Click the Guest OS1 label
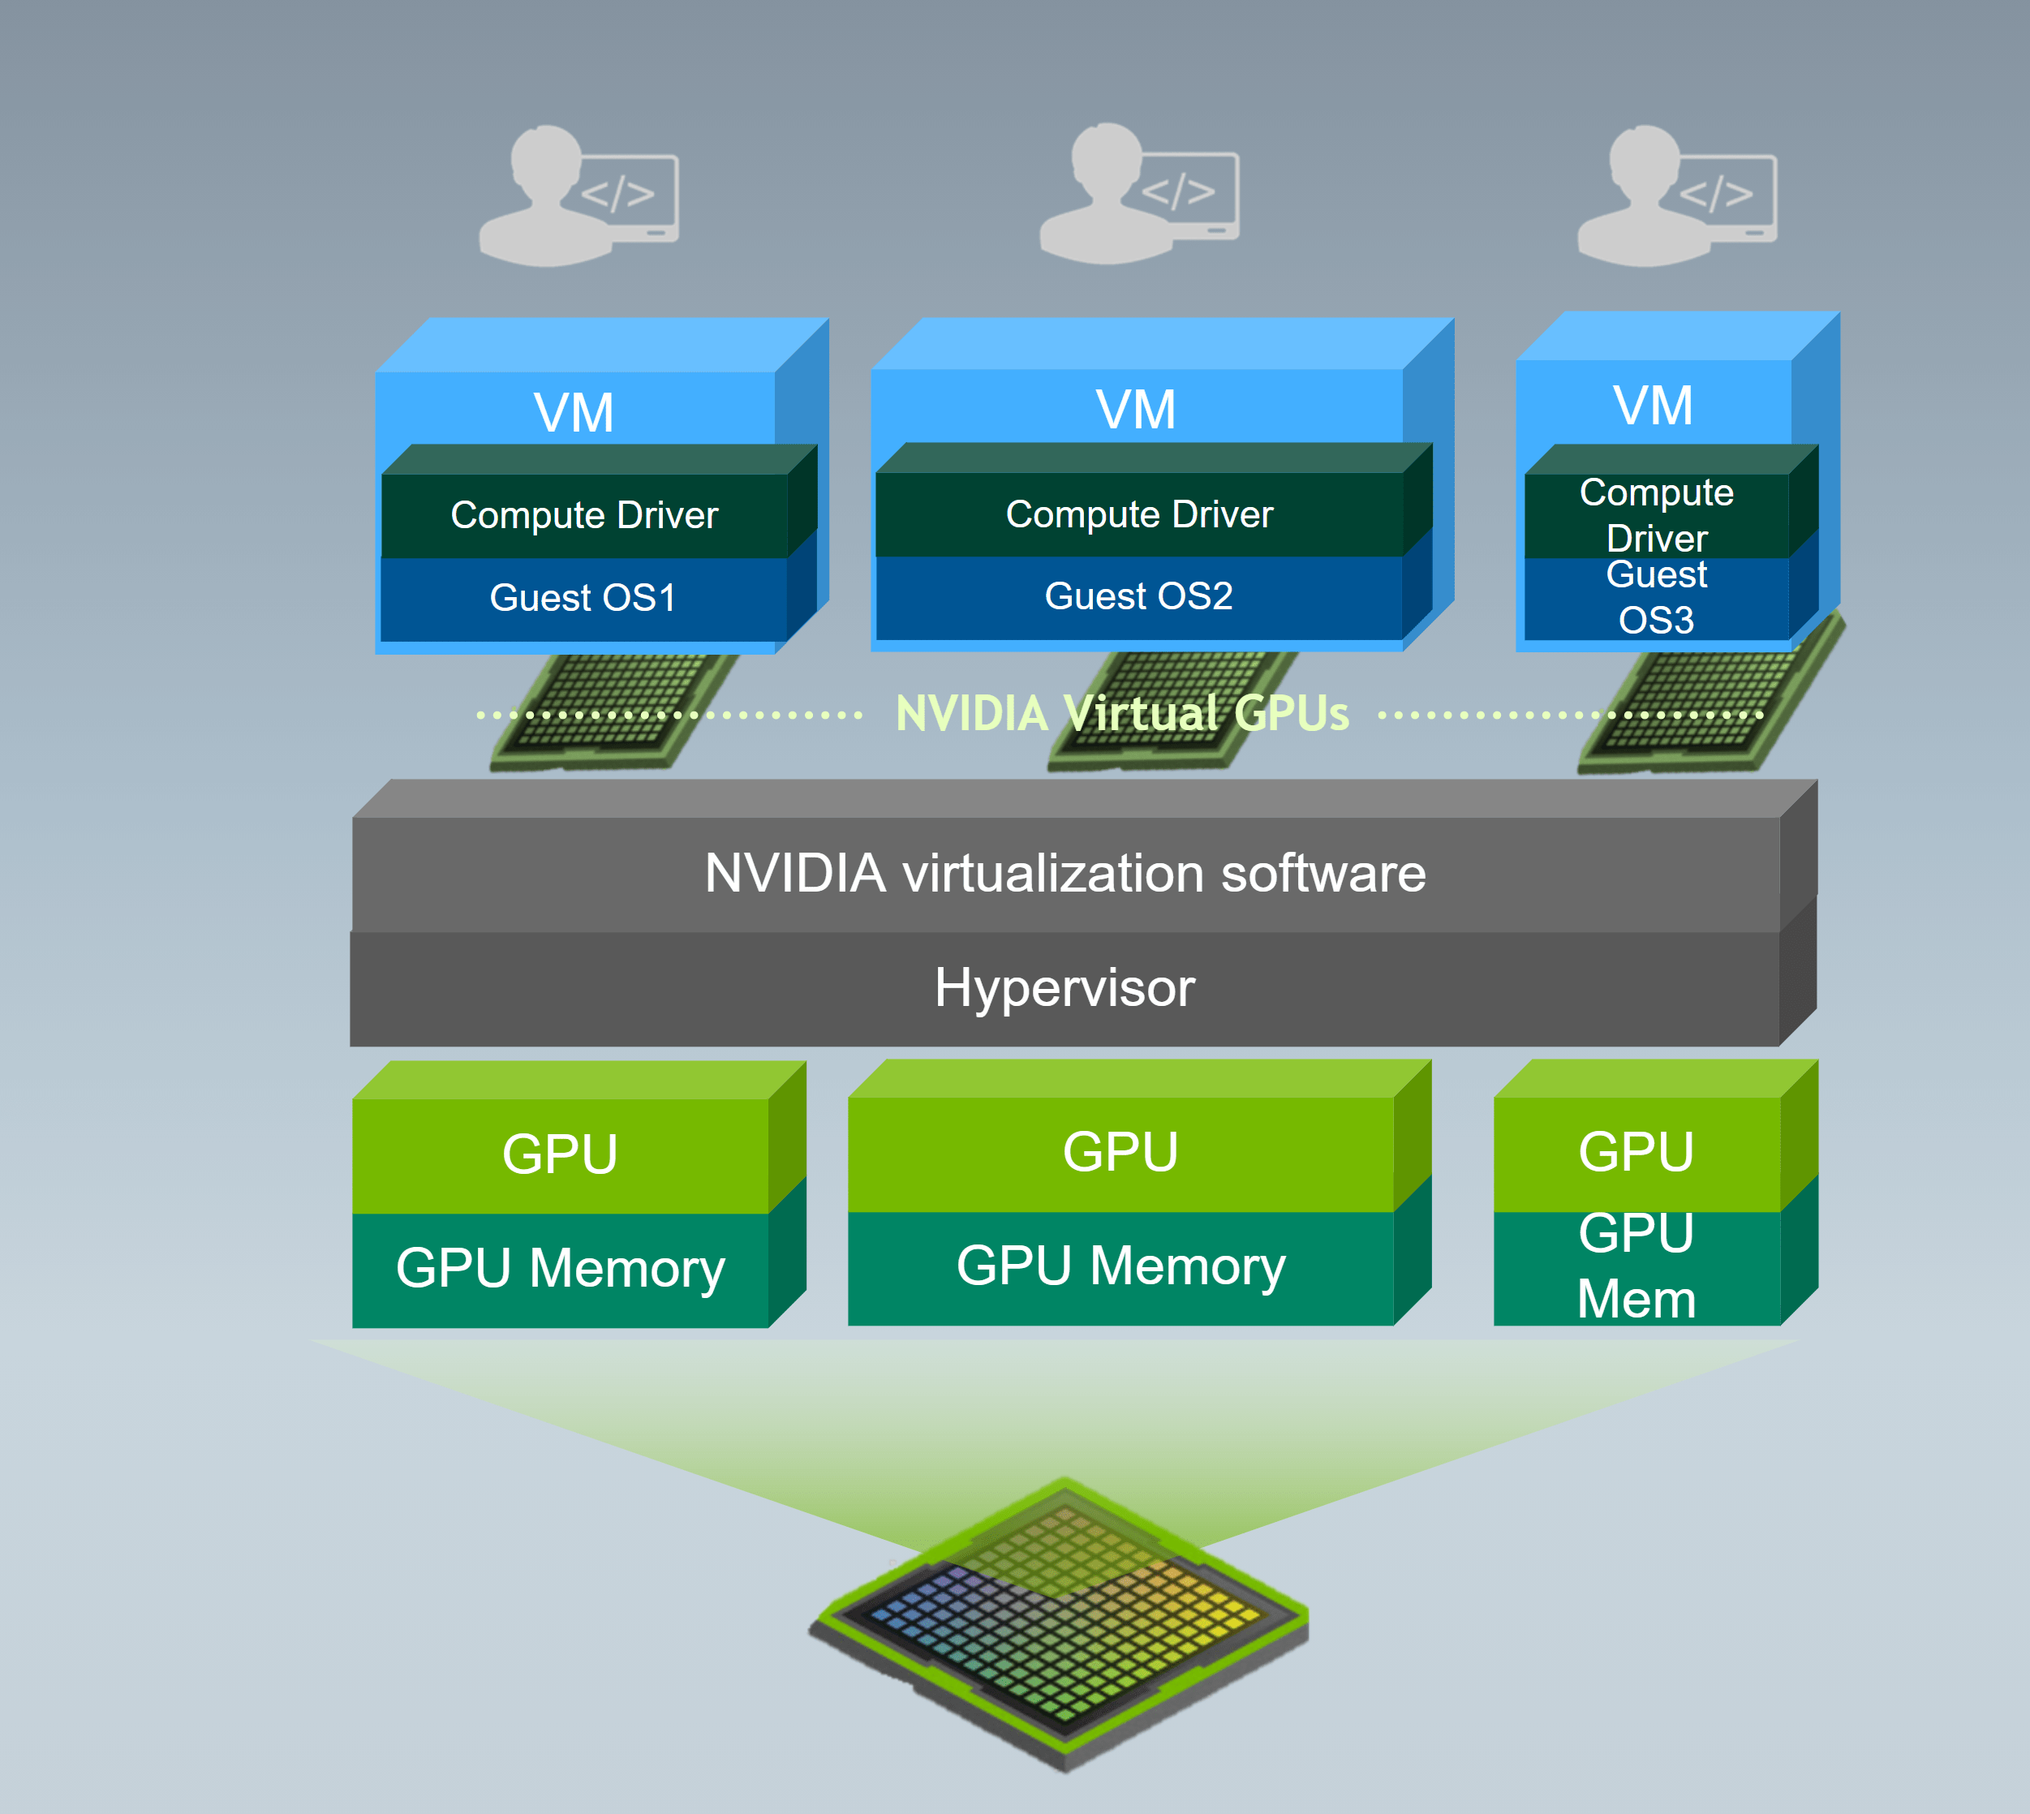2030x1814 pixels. click(583, 598)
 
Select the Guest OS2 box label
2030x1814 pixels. click(1138, 596)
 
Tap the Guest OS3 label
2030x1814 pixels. click(1656, 597)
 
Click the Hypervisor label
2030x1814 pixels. click(1064, 988)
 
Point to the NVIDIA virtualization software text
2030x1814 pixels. click(1064, 873)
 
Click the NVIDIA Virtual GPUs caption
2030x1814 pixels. click(1122, 714)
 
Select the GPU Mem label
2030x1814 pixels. click(1636, 1266)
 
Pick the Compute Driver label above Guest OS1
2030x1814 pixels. click(584, 515)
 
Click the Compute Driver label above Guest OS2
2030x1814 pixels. click(1139, 514)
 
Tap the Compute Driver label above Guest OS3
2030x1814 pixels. click(1656, 514)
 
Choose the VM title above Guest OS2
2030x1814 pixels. click(1136, 409)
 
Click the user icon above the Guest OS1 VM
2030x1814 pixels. click(578, 196)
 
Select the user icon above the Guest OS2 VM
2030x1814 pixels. click(1139, 195)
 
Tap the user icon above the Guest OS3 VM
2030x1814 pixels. click(1676, 196)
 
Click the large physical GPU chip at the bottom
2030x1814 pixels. click(1062, 1625)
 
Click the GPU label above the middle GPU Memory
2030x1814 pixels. click(1120, 1152)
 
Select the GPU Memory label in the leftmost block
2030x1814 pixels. click(560, 1268)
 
